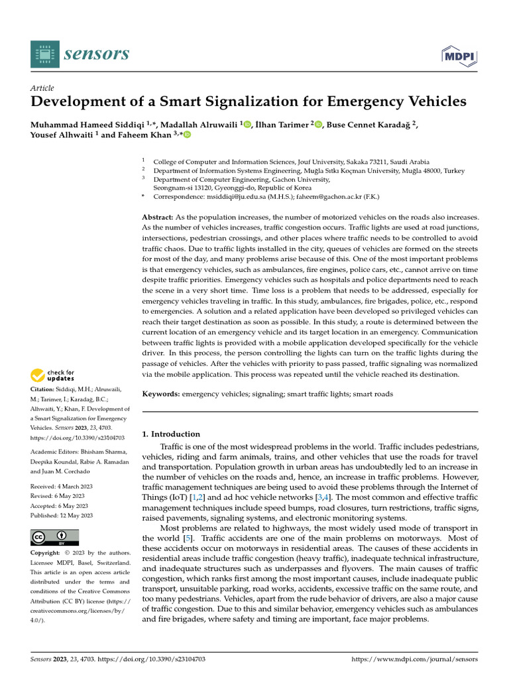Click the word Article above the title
[42, 88]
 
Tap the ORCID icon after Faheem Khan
[187, 135]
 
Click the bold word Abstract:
[158, 217]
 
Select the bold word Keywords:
[161, 394]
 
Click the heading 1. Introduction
[172, 434]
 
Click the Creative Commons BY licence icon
[55, 536]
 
